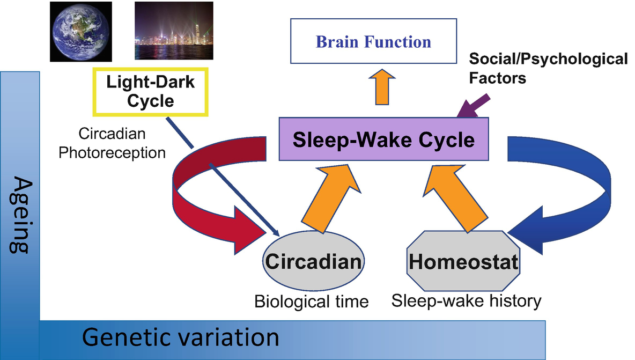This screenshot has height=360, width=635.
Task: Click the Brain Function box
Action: (x=373, y=41)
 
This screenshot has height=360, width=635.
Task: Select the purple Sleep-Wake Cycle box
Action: (x=383, y=139)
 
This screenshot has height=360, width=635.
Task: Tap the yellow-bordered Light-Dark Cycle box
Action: (x=151, y=92)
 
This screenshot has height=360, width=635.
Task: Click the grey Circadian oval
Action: (x=313, y=261)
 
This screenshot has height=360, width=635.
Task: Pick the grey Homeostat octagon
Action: (x=463, y=261)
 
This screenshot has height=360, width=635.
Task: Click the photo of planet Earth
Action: (x=81, y=32)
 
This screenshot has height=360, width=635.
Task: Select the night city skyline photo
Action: (x=174, y=31)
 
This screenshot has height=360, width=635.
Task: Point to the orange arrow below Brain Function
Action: (x=382, y=87)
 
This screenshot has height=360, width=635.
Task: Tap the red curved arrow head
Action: (x=247, y=230)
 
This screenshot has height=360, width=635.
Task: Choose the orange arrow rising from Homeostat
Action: (x=454, y=199)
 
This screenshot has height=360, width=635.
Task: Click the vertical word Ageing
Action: (x=20, y=215)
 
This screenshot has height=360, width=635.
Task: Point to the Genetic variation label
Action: (x=181, y=337)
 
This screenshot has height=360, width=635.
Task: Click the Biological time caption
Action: (x=312, y=302)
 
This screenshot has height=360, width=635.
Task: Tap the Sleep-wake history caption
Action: (x=466, y=301)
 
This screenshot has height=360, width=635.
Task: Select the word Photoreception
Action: (x=112, y=153)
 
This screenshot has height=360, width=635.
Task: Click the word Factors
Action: (x=497, y=78)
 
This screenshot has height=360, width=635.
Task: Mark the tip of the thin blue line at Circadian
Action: (x=279, y=236)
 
